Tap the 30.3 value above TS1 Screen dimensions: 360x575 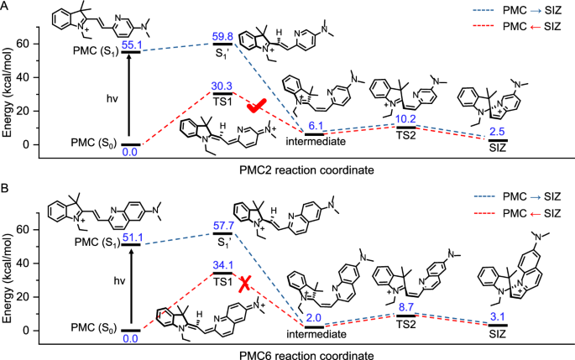pos(222,85)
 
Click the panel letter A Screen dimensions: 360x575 pos(7,8)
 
